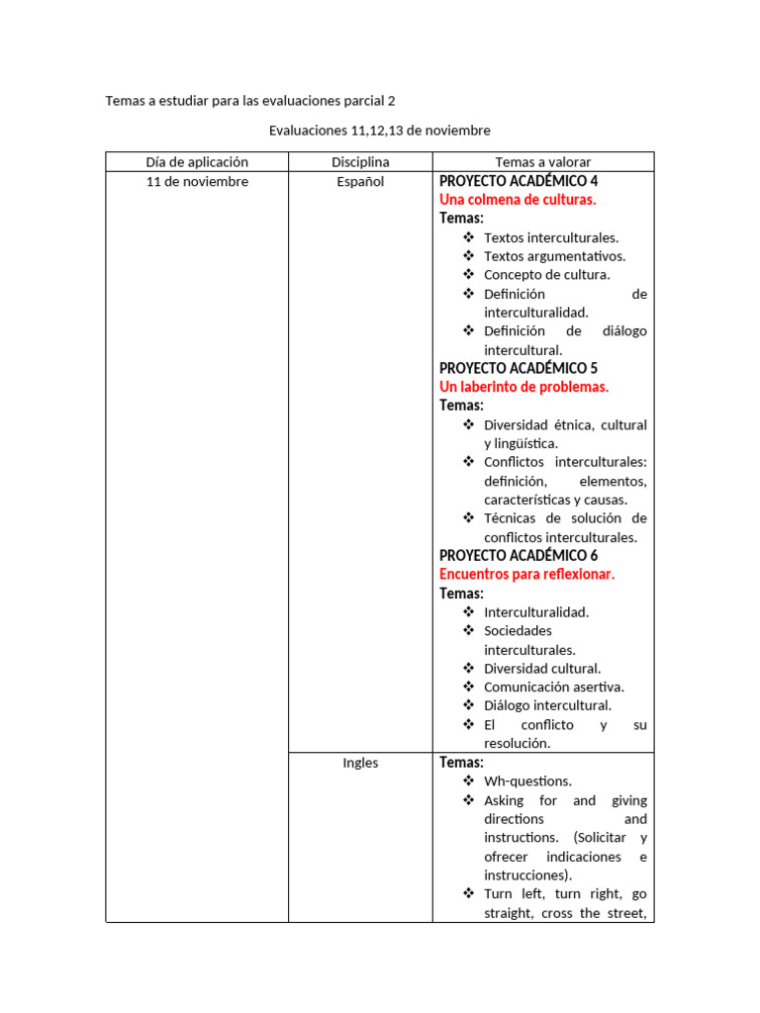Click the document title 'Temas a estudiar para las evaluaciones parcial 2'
coord(255,101)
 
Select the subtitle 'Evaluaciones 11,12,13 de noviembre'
coord(379,131)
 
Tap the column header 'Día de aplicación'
coord(197,162)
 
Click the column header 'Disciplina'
coord(360,162)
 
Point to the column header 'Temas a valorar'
coord(542,162)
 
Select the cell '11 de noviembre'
coord(197,182)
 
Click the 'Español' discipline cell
coord(360,182)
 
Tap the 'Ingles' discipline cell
coord(360,763)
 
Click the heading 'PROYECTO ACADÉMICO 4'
coord(519,181)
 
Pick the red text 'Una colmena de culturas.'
coord(518,200)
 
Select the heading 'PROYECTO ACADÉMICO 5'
coord(519,368)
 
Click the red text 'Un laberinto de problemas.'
coord(523,387)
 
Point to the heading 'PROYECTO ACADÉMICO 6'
coord(519,555)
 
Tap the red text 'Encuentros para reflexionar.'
coord(526,574)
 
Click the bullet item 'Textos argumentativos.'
coord(554,256)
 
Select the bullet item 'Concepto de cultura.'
coord(546,275)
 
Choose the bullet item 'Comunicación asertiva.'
coord(553,687)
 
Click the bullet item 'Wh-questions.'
coord(527,782)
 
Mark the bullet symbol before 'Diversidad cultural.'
coord(468,668)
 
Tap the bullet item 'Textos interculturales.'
coord(551,237)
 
